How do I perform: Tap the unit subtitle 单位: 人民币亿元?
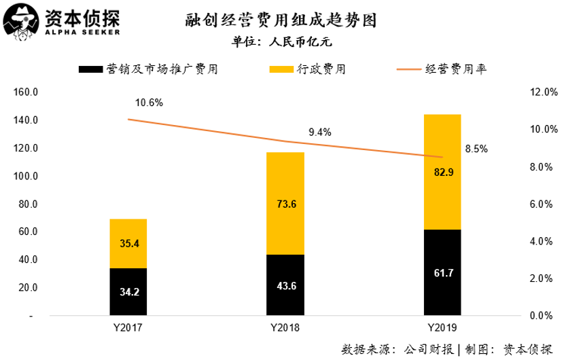pos(281,41)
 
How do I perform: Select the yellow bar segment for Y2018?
pos(285,204)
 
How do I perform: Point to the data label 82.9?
pos(442,173)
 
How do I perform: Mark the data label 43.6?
pos(285,286)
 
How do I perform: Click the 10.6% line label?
pos(149,103)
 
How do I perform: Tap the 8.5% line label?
pos(476,148)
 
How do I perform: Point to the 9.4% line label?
pos(319,132)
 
